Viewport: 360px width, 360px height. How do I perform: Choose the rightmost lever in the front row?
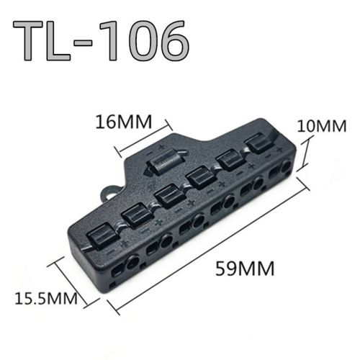(x=257, y=145)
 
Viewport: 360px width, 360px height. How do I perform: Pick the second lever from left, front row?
(x=135, y=214)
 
